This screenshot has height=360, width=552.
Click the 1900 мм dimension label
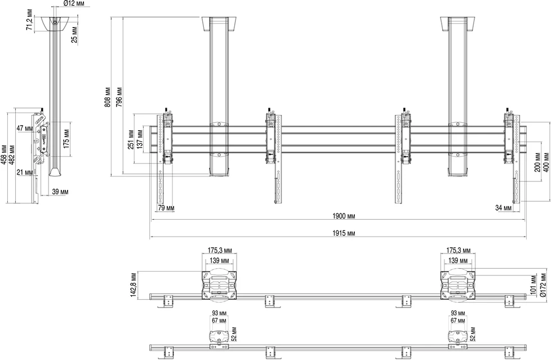[344, 216]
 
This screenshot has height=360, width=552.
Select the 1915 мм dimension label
[344, 233]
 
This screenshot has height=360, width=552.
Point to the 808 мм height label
[108, 97]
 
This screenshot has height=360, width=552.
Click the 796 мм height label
[119, 97]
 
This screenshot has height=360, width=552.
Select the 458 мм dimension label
[5, 154]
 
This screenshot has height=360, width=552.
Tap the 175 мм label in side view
[66, 139]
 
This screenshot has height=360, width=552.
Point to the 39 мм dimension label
[60, 192]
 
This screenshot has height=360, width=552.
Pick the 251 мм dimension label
[131, 140]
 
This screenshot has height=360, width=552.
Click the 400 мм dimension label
[546, 162]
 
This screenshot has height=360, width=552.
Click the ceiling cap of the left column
[219, 24]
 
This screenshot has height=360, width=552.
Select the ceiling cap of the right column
[458, 24]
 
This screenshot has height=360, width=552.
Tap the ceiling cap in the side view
[55, 24]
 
